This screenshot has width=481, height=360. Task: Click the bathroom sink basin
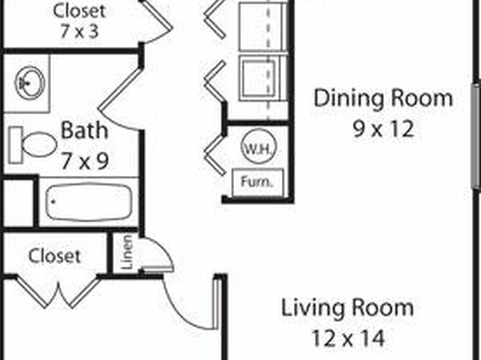pyautogui.click(x=30, y=83)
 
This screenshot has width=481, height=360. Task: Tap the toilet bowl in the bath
pyautogui.click(x=40, y=144)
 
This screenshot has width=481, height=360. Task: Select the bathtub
pyautogui.click(x=89, y=202)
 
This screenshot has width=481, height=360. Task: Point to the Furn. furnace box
pyautogui.click(x=257, y=182)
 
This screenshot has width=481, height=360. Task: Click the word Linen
pyautogui.click(x=127, y=252)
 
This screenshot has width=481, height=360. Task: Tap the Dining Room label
pyautogui.click(x=383, y=98)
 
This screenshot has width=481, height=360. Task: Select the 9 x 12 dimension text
pyautogui.click(x=383, y=129)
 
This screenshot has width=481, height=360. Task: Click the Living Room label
pyautogui.click(x=348, y=308)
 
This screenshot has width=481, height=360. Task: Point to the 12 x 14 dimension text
pyautogui.click(x=348, y=338)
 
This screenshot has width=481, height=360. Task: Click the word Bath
pyautogui.click(x=85, y=131)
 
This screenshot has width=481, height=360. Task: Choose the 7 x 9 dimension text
pyautogui.click(x=85, y=161)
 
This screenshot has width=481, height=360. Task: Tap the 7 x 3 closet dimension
pyautogui.click(x=79, y=31)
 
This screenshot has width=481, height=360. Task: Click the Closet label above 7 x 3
pyautogui.click(x=79, y=10)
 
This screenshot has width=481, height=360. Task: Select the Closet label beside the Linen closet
pyautogui.click(x=55, y=256)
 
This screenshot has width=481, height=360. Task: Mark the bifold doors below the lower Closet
pyautogui.click(x=58, y=292)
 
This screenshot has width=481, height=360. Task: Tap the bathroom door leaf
pyautogui.click(x=120, y=89)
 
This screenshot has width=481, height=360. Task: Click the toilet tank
pyautogui.click(x=15, y=144)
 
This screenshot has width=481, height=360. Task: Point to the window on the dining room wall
pyautogui.click(x=476, y=135)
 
